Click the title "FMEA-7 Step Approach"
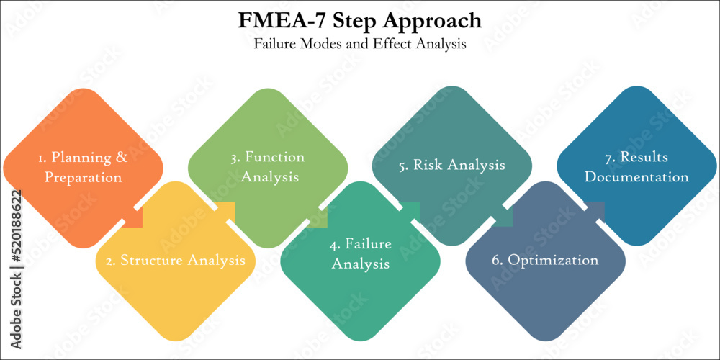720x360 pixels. pos(360,20)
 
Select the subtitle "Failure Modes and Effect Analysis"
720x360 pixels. pos(360,43)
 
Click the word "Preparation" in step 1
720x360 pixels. pos(83,177)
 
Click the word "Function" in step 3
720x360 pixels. pos(274,157)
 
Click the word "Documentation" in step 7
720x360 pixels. pos(636,177)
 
